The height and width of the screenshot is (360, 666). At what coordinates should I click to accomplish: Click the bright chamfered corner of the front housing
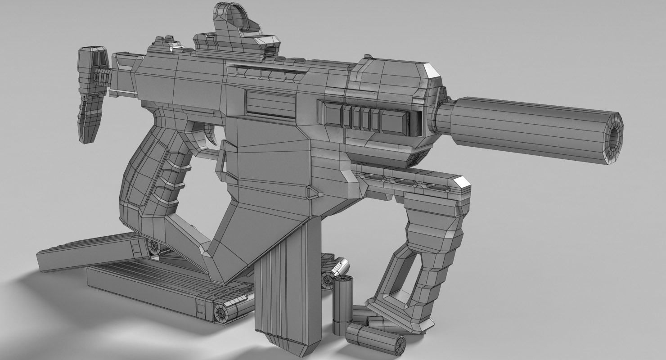tap(431, 70)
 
